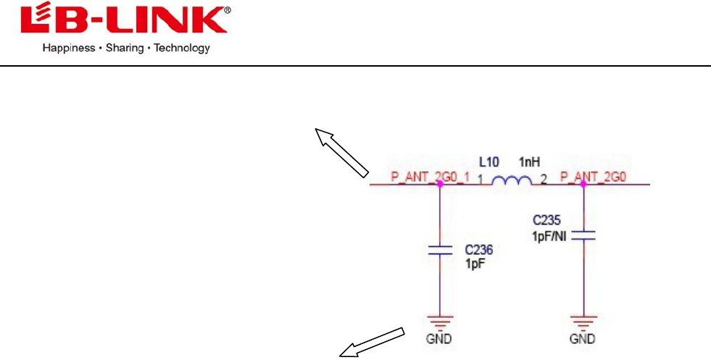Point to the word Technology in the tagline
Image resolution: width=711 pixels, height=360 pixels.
point(183,49)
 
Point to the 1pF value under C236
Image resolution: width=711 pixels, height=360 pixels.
point(474,264)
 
